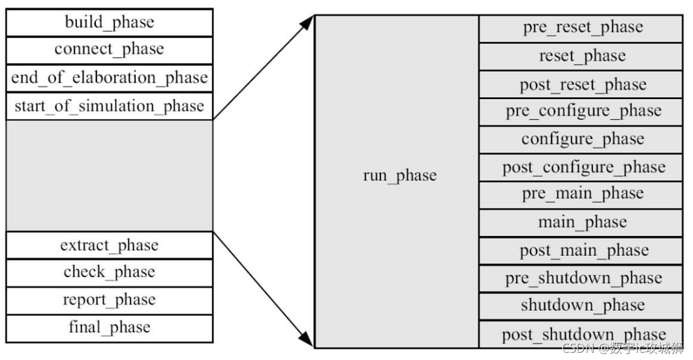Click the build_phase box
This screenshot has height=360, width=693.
pos(109,22)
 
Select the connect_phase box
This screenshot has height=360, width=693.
pos(109,50)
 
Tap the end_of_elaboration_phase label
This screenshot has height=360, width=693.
pos(109,78)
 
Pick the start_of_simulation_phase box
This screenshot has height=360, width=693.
pos(109,106)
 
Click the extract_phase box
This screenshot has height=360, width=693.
pos(109,245)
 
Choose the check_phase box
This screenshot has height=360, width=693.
pos(109,273)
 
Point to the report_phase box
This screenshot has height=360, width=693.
pos(109,300)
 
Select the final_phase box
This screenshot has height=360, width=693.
pos(109,328)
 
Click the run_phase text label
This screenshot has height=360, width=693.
pos(399,175)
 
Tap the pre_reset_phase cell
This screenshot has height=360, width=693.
pos(583,28)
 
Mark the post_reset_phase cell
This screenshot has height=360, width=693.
pos(583,85)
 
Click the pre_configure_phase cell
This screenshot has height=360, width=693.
pos(583,112)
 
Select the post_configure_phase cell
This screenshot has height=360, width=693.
pos(583,168)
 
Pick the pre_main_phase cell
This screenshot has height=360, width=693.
pos(583,194)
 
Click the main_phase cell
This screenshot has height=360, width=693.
pos(583,223)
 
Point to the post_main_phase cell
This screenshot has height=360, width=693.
pos(583,251)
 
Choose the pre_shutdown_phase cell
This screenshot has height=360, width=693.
pos(583,279)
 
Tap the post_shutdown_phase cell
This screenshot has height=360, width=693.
pos(583,334)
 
